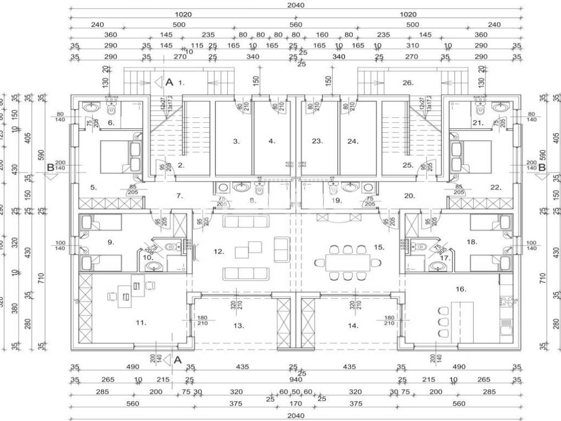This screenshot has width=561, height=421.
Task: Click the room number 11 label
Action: tap(141, 323)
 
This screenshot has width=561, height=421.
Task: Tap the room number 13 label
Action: tap(238, 326)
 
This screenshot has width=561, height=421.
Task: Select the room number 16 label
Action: tap(461, 289)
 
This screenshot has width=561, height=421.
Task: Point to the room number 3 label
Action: tap(236, 141)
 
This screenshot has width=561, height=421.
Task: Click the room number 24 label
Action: tap(353, 141)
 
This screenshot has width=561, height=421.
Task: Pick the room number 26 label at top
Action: tap(407, 83)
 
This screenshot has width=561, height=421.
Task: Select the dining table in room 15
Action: tap(348, 262)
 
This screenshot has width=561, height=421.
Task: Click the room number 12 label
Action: tap(219, 252)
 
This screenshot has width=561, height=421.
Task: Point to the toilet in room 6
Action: tap(111, 107)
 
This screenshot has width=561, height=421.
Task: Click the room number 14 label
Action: tap(353, 326)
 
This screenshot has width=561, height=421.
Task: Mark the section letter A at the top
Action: tap(169, 82)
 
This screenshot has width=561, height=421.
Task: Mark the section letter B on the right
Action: tap(542, 168)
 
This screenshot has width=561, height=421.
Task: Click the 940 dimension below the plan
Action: tap(296, 379)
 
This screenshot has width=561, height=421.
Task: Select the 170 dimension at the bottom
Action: tap(296, 403)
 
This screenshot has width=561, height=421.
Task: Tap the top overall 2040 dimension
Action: tap(296, 5)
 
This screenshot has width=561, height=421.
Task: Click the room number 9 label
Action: tap(111, 241)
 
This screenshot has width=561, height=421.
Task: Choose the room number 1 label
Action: tap(182, 83)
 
